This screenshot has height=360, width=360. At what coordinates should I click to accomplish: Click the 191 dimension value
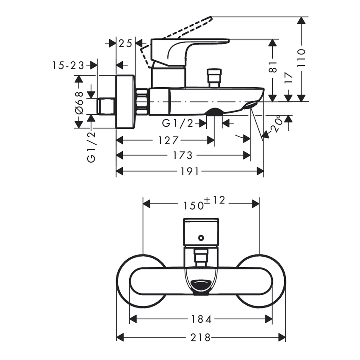189,171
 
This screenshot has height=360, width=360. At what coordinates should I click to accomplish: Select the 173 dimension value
183,155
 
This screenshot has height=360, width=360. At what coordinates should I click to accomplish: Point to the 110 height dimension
301,58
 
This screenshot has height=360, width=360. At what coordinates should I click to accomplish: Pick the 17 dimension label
288,80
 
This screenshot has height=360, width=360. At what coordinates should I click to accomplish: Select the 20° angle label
275,125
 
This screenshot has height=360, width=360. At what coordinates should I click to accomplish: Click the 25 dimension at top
125,43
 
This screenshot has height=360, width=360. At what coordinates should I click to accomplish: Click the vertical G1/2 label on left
91,147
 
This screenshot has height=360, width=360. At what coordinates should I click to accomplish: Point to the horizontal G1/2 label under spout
178,123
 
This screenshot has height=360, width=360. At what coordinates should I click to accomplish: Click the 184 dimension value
201,318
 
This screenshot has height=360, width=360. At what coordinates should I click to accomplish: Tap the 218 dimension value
201,338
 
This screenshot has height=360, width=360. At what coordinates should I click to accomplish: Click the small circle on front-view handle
201,238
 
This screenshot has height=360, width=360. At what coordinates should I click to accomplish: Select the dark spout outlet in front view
201,285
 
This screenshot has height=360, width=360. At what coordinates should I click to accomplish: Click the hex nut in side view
142,102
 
